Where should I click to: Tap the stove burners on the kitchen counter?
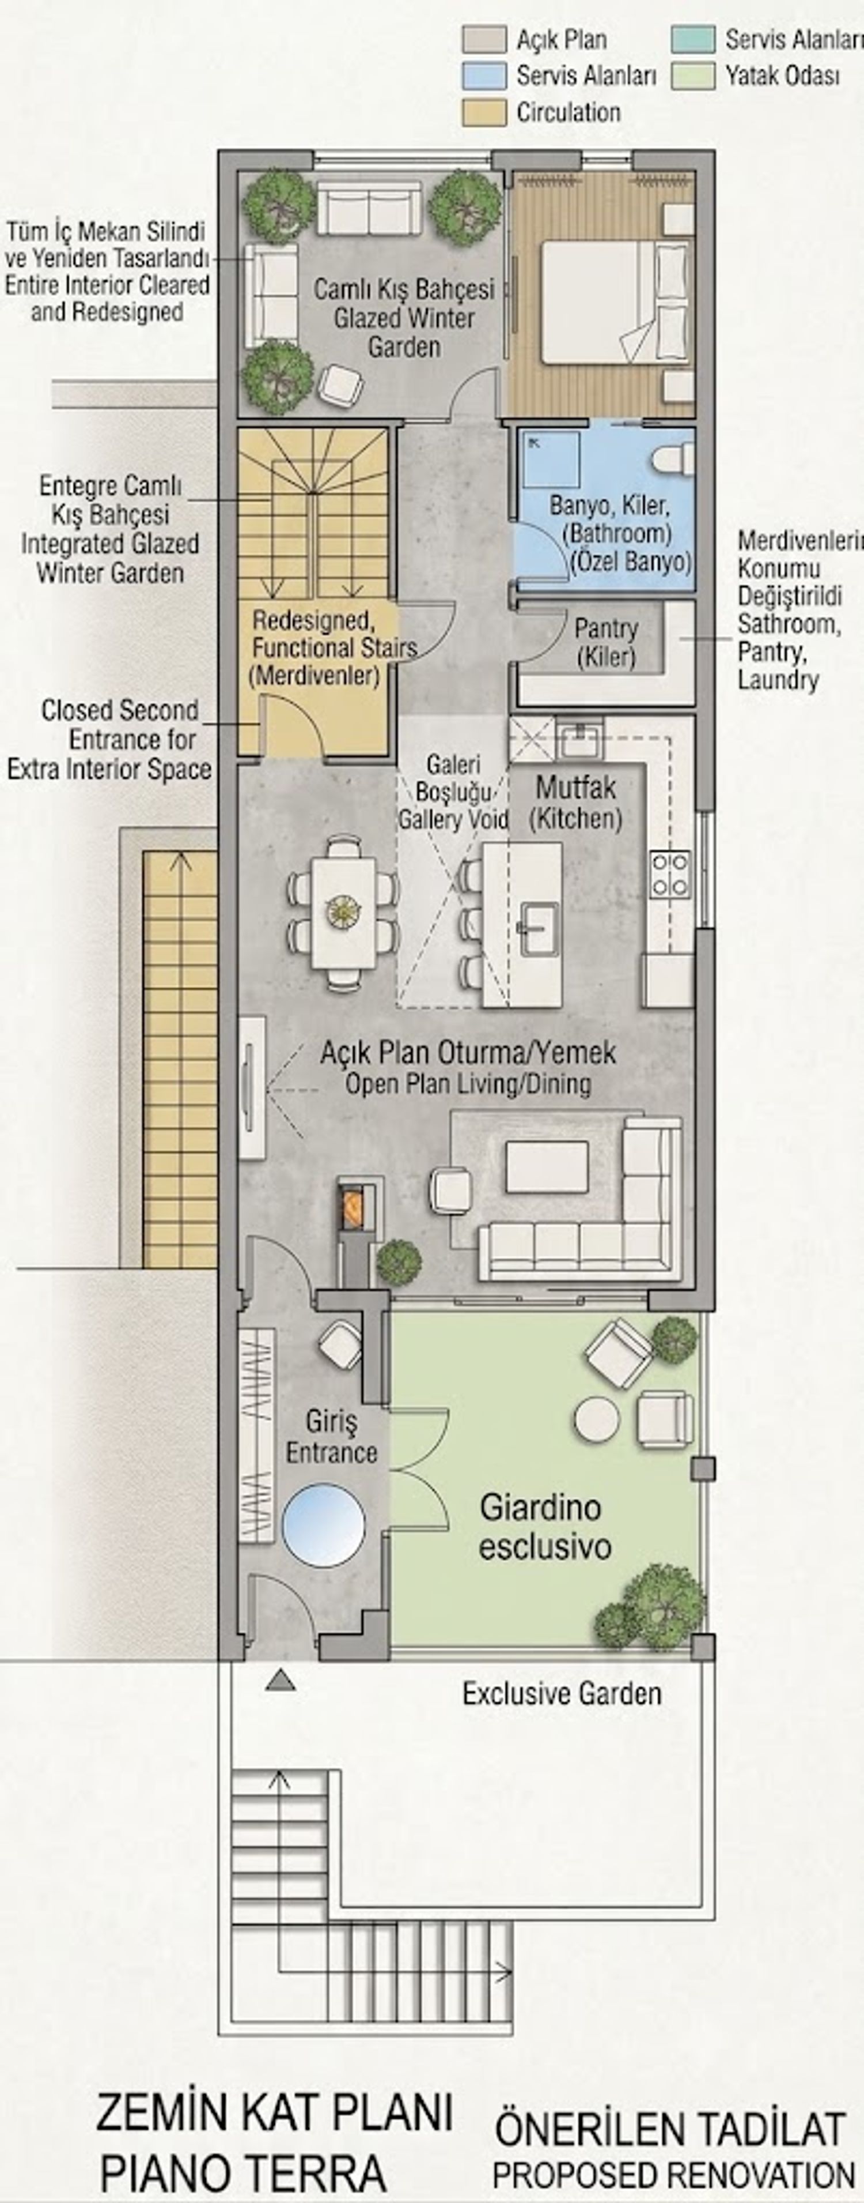(x=670, y=873)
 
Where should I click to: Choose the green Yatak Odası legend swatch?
(x=692, y=76)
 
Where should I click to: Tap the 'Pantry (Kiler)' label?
(x=606, y=643)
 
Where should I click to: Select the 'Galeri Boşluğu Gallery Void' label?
(x=453, y=792)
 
